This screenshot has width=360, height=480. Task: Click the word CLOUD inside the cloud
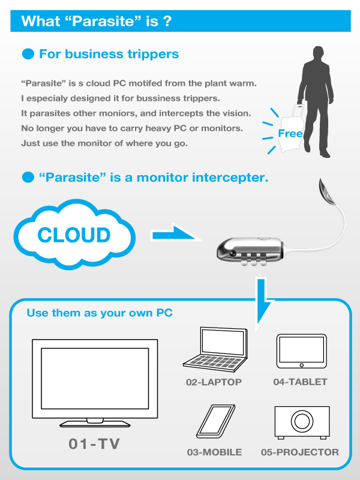point(74,235)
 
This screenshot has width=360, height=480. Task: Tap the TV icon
point(95,383)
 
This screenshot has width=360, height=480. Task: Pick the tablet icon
point(302,351)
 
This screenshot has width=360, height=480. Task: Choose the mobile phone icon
point(215,422)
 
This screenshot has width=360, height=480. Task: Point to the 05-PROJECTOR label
point(299,452)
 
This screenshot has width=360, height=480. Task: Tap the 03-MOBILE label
point(214,452)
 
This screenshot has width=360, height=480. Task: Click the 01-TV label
point(94,443)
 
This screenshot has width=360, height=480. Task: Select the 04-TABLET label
point(300,382)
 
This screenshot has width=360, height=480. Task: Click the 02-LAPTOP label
point(214,382)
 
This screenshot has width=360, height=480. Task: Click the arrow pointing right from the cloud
point(175,234)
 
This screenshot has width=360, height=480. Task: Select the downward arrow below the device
point(263,301)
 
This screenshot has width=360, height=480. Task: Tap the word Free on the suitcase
point(290,133)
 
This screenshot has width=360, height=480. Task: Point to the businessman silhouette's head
point(318,55)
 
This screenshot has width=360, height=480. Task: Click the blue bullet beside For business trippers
point(28,54)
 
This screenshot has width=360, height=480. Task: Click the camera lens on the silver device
point(233,253)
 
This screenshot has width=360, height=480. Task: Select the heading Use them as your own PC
point(100,313)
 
